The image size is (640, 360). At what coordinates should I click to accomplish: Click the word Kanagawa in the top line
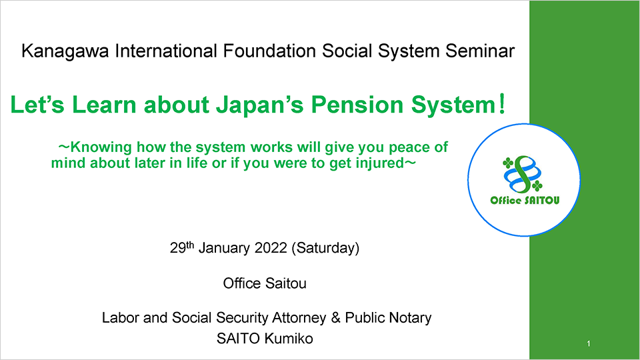pos(65,52)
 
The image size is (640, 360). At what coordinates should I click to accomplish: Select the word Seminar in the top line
pos(480,51)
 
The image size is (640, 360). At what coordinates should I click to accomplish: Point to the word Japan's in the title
pos(259,105)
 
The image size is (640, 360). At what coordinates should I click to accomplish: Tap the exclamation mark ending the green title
pos(502,104)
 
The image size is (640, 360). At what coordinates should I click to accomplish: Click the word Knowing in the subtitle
pos(101,147)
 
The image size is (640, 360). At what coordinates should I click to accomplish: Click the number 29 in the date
pos(178,248)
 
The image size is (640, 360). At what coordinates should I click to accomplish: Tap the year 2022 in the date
pos(271,248)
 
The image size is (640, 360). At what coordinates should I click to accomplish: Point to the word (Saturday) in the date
pos(325,248)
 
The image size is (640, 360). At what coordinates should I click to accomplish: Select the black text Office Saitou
pos(265,283)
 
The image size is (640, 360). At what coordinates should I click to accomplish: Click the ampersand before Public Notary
pos(336,317)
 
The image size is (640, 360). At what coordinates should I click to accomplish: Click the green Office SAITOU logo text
pos(525,200)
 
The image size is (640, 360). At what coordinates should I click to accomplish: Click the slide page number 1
pos(589,344)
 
